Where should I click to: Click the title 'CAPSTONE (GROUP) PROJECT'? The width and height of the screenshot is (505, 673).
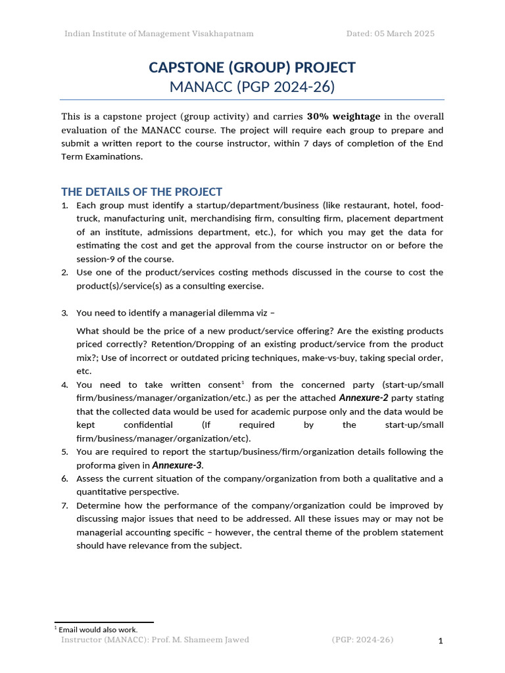[252, 68]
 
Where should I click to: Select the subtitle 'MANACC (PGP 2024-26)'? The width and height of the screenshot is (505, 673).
[252, 86]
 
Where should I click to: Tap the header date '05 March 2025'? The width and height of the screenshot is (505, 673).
[404, 34]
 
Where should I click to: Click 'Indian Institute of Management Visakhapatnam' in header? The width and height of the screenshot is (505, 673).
[158, 34]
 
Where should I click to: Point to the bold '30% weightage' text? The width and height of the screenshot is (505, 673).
[343, 116]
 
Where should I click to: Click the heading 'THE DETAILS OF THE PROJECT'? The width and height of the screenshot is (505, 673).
[141, 192]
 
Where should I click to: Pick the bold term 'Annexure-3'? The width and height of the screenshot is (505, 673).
[176, 465]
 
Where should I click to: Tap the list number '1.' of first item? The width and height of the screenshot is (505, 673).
[64, 205]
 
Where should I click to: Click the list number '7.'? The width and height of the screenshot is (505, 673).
[64, 505]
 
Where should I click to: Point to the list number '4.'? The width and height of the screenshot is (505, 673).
[64, 384]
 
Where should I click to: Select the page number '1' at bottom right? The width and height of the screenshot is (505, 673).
[441, 641]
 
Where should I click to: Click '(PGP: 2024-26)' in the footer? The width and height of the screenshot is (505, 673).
[362, 639]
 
